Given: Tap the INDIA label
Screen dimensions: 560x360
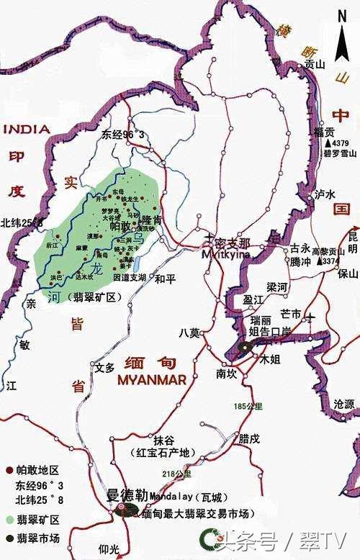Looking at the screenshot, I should pos(27,130).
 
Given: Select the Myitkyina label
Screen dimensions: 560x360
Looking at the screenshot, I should pos(226,254).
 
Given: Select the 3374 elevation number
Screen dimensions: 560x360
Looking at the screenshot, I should pos(329,261).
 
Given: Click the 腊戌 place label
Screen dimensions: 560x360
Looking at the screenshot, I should pos(249,438).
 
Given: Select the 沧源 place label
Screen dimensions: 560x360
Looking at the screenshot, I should pos(345,405).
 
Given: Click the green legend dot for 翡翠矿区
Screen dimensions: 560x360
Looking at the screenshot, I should pos(9,519).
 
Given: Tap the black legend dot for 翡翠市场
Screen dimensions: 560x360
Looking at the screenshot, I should pos(9,537).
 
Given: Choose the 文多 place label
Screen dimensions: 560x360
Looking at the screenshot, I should pos(105,367).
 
